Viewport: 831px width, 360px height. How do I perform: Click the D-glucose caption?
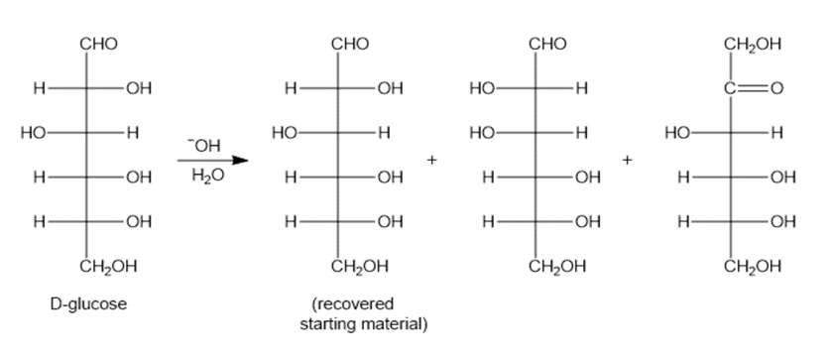(88, 304)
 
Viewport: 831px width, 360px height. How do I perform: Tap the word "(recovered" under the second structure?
(353, 304)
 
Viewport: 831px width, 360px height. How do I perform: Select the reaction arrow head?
(240, 160)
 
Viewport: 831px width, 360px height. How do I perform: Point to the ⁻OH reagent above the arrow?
(203, 145)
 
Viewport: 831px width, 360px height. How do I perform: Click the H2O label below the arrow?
(208, 176)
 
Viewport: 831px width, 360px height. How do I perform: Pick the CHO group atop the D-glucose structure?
(99, 44)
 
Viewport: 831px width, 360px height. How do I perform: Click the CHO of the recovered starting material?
(350, 44)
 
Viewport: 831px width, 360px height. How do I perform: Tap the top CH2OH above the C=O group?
(753, 44)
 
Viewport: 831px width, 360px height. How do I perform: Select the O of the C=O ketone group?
(775, 88)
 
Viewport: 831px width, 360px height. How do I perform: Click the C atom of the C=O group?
(730, 88)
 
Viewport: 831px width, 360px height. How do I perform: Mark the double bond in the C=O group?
(753, 88)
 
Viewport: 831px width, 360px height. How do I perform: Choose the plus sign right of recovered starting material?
(432, 160)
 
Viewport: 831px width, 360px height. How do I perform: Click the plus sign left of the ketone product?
(627, 160)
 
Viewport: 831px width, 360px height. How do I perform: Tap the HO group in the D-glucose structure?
(33, 133)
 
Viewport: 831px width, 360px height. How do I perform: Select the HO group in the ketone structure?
(677, 133)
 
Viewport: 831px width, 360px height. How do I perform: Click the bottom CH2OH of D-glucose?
(109, 266)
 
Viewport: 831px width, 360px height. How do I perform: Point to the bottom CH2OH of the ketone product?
(753, 266)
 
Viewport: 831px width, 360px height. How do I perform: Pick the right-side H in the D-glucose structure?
(133, 133)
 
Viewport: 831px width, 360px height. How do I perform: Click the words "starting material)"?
(364, 324)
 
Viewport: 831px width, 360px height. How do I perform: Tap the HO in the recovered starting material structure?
(284, 133)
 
